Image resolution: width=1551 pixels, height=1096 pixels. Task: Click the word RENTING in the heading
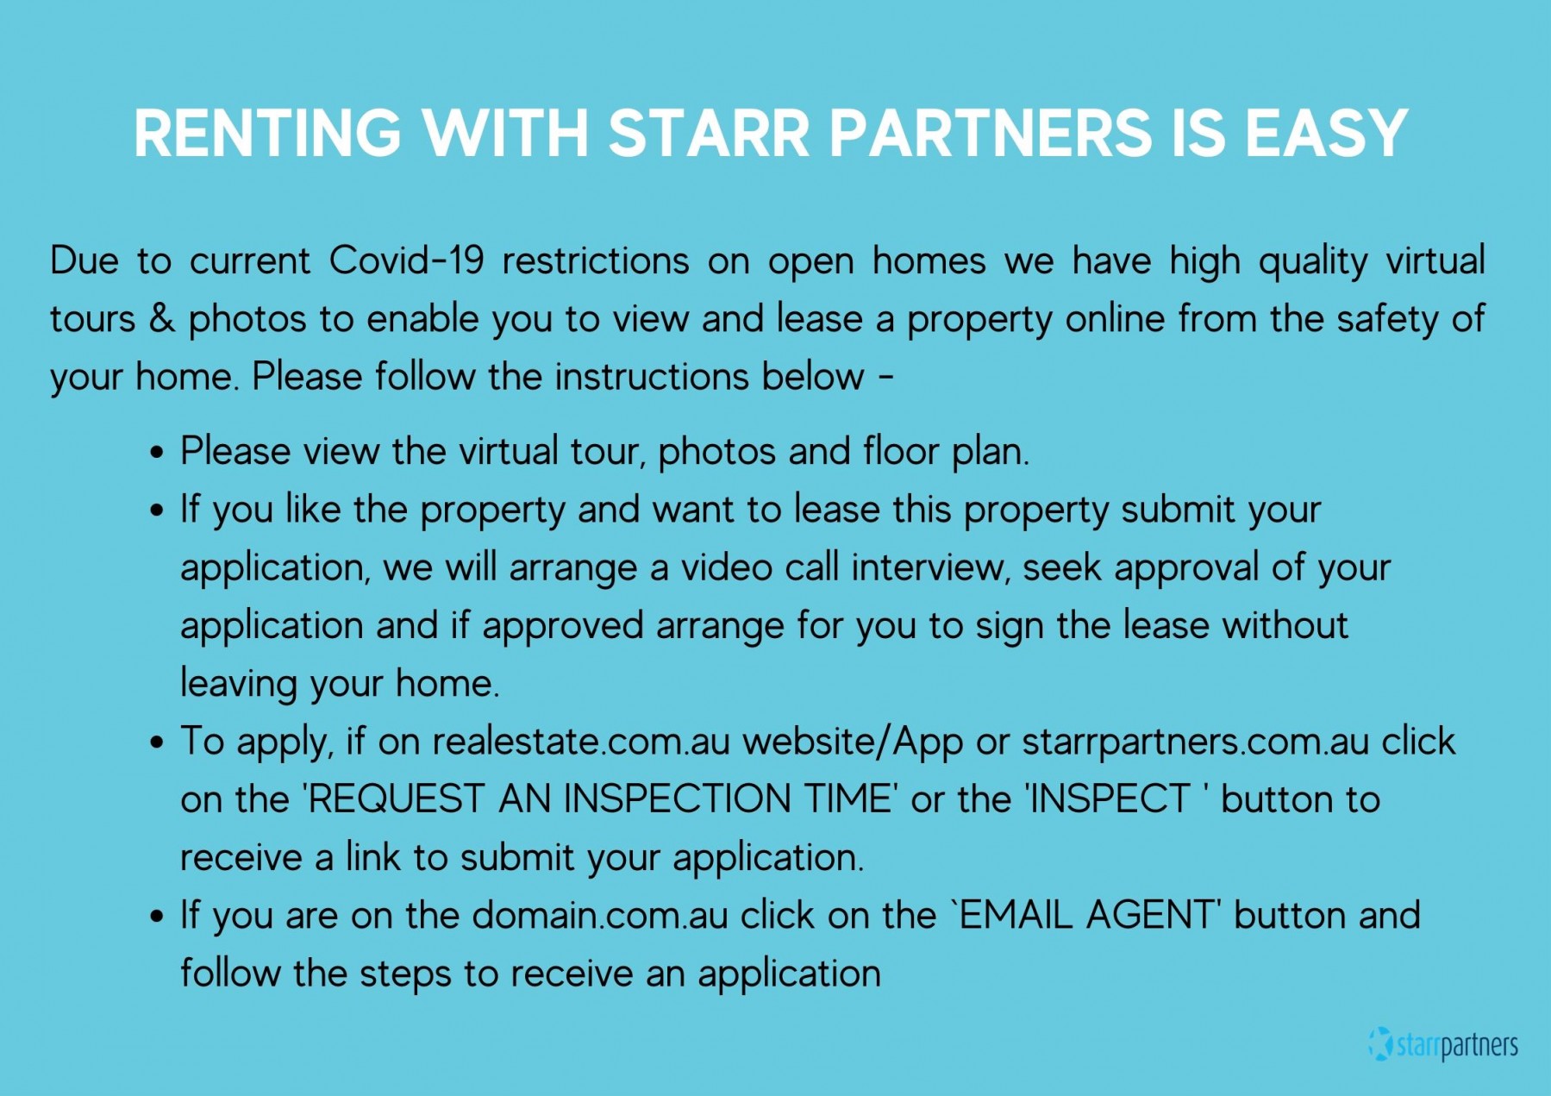point(268,134)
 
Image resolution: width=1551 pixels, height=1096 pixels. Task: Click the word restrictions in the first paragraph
point(596,260)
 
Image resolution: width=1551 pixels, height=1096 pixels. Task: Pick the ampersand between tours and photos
point(162,318)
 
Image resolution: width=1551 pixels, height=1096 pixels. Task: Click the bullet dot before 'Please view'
point(156,454)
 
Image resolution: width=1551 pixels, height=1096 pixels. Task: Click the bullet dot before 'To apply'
point(156,743)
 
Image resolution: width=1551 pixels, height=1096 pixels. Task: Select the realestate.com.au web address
point(581,742)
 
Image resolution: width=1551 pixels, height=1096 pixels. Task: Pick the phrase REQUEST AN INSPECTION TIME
point(600,799)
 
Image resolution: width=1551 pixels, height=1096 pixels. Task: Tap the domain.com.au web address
point(600,916)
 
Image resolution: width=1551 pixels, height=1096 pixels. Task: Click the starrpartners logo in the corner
point(1443,1044)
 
